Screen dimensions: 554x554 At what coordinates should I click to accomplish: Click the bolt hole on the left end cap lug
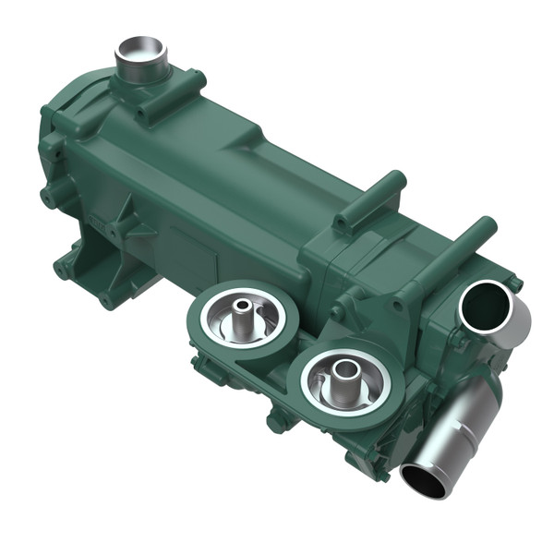[x=44, y=195]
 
